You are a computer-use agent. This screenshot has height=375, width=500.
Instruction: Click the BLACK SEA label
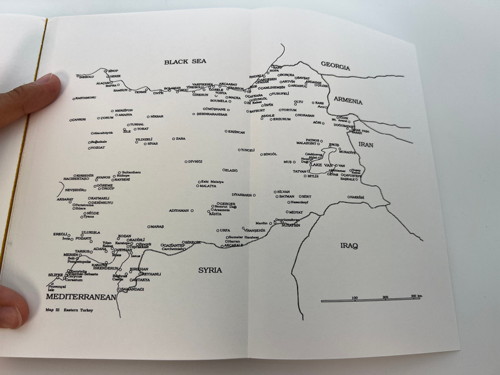pyautogui.click(x=181, y=61)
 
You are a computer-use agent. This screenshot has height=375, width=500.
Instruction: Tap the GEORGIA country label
pyautogui.click(x=336, y=66)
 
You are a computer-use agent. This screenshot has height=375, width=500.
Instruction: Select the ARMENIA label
pyautogui.click(x=347, y=100)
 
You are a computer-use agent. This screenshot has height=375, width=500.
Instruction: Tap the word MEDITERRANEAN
pyautogui.click(x=82, y=297)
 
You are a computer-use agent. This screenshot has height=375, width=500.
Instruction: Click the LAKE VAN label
pyautogui.click(x=322, y=165)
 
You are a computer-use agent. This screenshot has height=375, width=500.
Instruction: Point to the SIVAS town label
pyautogui.click(x=152, y=143)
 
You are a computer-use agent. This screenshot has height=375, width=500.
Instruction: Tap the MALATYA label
pyautogui.click(x=207, y=186)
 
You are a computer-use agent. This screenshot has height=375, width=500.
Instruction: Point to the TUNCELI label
pyautogui.click(x=248, y=150)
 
